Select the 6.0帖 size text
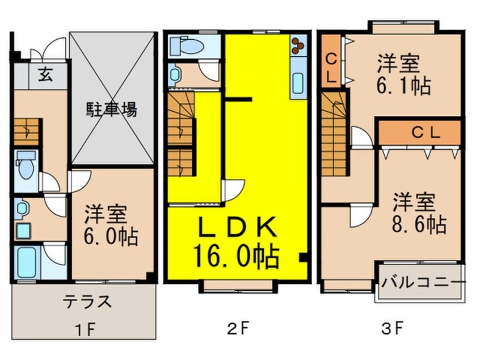click(x=112, y=236)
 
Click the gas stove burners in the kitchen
click(x=298, y=46)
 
